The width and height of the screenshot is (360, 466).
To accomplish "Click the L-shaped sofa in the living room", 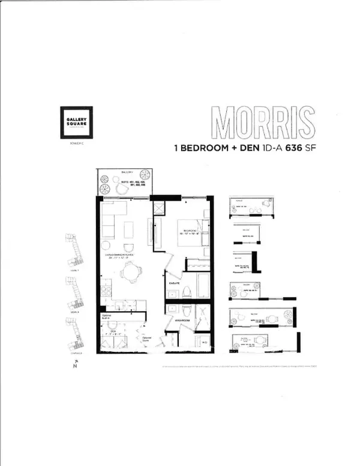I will point(110,220).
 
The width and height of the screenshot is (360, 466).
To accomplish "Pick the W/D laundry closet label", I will point(205,343).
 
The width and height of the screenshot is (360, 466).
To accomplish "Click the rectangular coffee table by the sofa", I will point(128,231).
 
